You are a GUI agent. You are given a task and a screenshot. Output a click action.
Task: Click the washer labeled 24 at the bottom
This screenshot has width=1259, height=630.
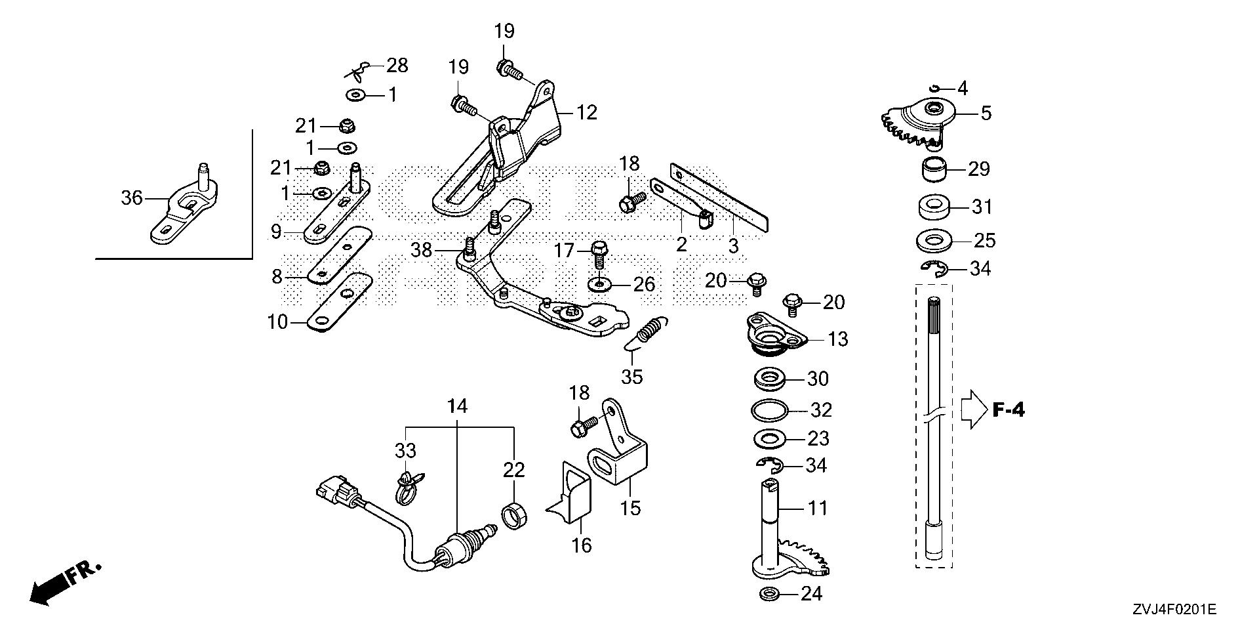pyautogui.click(x=767, y=595)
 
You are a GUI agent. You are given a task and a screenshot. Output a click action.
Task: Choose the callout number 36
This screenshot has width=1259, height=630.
pyautogui.click(x=132, y=197)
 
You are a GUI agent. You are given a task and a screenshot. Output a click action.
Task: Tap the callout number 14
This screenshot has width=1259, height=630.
pyautogui.click(x=458, y=407)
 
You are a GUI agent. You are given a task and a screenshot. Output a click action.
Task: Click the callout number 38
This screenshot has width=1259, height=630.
pyautogui.click(x=422, y=249)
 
